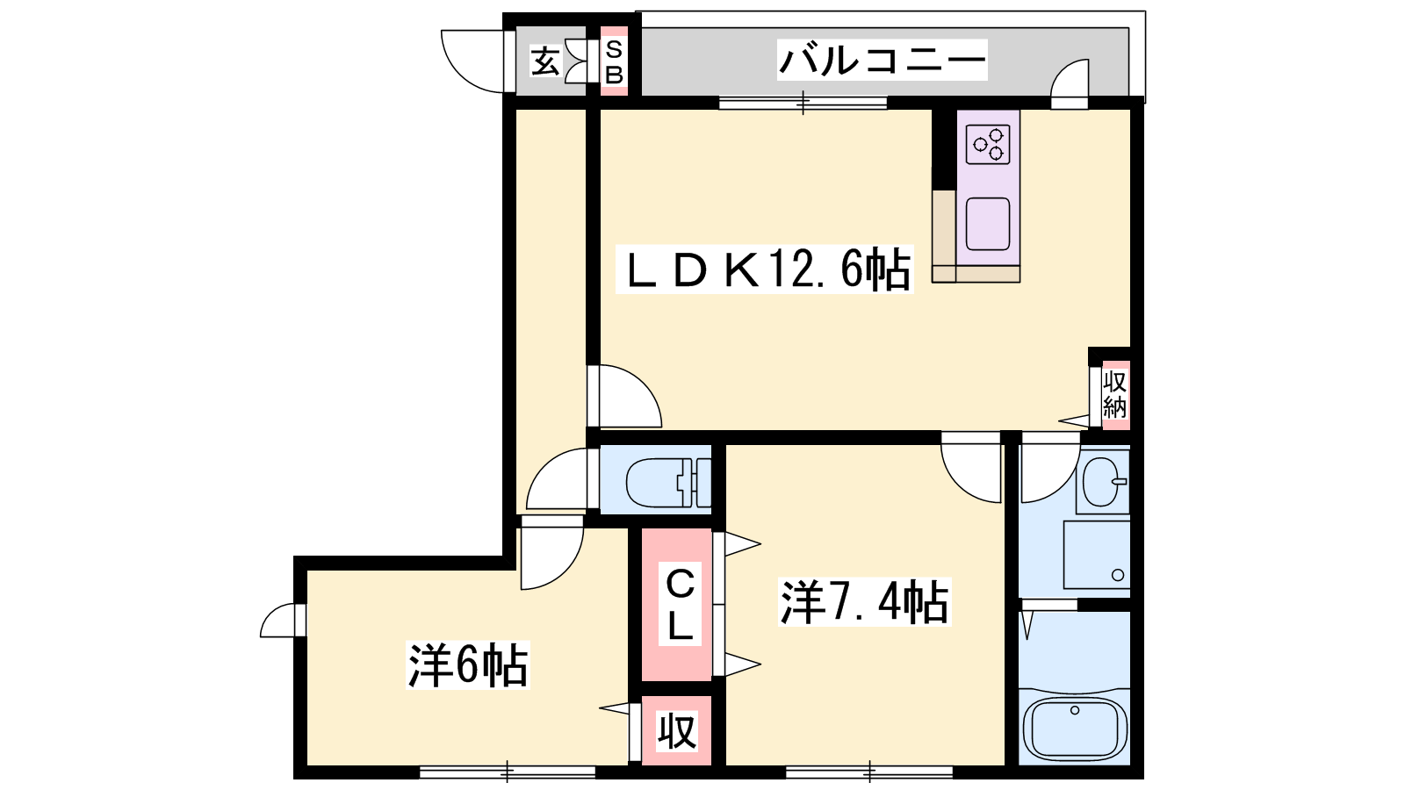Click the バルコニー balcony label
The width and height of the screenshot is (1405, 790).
point(882,61)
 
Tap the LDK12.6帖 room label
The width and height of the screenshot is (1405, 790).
point(764,269)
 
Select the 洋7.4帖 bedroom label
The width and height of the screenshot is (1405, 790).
point(864,602)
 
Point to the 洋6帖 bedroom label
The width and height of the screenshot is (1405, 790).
point(468,665)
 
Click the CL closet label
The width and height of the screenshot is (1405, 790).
point(680,605)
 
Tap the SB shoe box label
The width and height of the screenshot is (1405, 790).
point(614,61)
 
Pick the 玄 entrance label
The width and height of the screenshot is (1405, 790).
point(544,62)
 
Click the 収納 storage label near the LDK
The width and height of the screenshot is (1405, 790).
point(1114,394)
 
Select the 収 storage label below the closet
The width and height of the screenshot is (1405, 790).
point(677,731)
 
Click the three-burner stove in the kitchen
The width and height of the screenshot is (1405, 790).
point(988,145)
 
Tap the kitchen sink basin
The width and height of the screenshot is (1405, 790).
point(988,224)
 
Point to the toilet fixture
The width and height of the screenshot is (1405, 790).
point(668,482)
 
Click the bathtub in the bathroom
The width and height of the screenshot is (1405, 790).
point(1075,729)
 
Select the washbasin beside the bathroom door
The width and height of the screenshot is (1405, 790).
point(1105,482)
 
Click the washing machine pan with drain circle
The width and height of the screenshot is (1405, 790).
point(1097,555)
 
